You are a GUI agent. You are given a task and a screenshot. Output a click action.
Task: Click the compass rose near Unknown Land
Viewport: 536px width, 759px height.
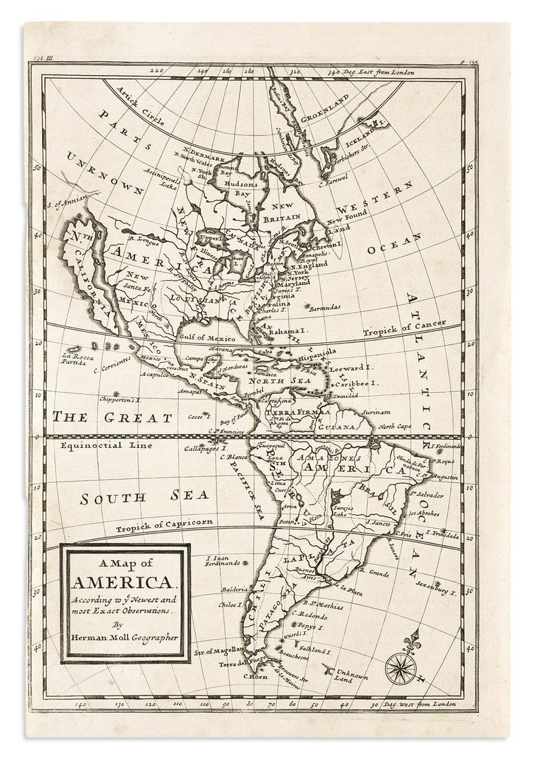click(x=401, y=667)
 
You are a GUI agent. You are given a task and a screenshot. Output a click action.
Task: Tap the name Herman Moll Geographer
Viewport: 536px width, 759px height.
click(x=124, y=636)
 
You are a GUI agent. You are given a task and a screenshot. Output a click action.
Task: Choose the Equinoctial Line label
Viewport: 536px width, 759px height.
click(x=101, y=446)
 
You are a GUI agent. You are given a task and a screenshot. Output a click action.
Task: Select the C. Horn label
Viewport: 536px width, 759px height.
click(x=255, y=677)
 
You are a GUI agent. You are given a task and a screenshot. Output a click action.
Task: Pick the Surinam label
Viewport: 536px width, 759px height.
click(x=375, y=412)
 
